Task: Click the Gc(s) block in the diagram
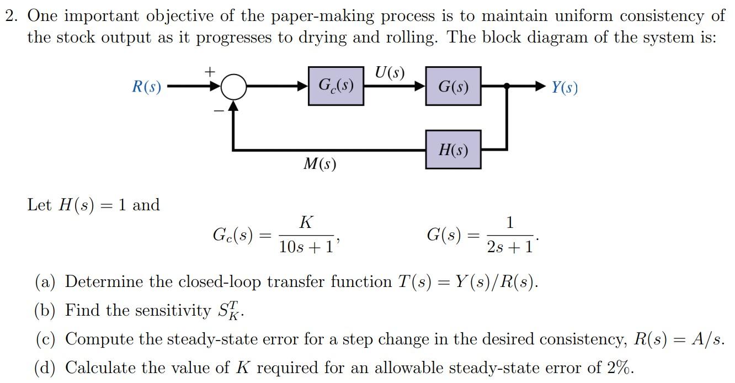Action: point(336,86)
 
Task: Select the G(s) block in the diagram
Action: point(453,86)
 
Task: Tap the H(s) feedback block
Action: point(453,150)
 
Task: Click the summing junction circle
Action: point(234,87)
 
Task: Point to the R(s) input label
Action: point(146,87)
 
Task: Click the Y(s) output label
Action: point(564,87)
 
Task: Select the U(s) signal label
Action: point(390,72)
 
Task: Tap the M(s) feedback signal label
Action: point(319,164)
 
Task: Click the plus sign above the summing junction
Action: point(210,72)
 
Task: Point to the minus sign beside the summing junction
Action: point(219,111)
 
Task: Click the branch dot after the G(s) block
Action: point(507,87)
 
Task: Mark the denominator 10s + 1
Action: point(306,247)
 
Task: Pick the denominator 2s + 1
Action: point(510,247)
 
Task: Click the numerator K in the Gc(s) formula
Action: point(306,223)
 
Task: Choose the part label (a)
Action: point(45,282)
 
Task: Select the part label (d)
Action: point(45,368)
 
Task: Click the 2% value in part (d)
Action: point(621,368)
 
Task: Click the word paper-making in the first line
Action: point(311,16)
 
